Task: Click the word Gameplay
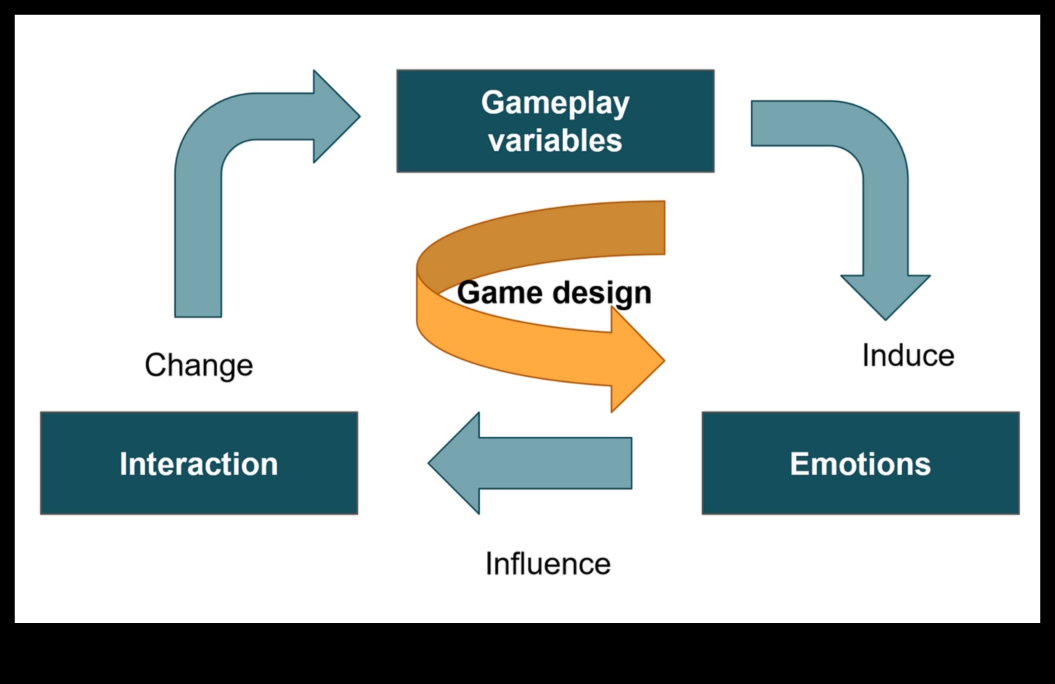pos(555,103)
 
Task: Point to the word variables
pos(555,140)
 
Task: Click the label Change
pos(199,365)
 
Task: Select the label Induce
pos(908,356)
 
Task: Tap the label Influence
pos(547,564)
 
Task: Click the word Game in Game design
pos(500,293)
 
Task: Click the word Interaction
pos(199,464)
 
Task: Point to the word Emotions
pos(860,464)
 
